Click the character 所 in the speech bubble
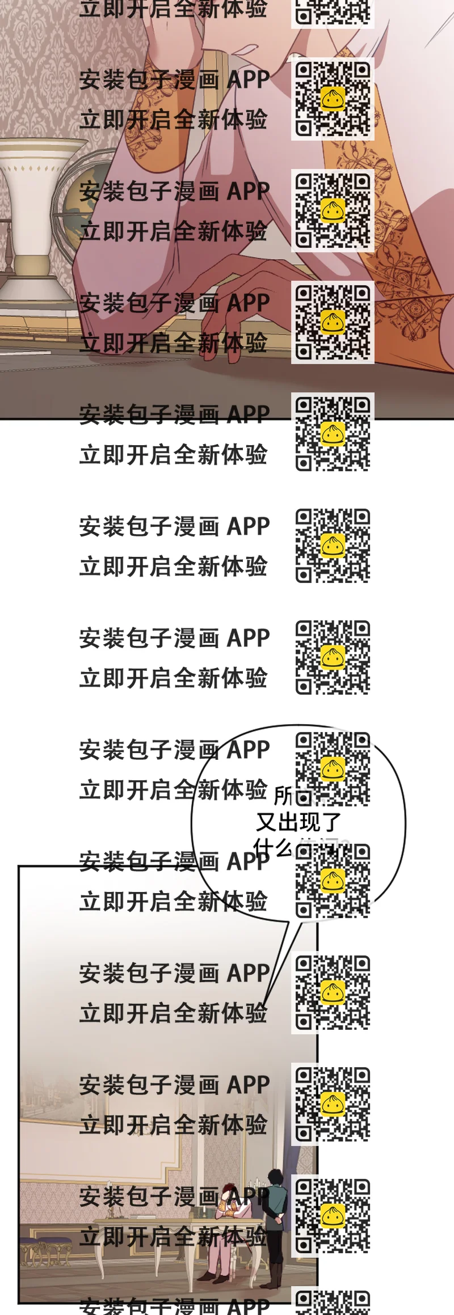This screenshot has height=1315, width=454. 283,796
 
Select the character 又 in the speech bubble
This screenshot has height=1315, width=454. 267,822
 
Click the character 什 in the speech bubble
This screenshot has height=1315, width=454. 264,848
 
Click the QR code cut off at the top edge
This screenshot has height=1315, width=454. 333,12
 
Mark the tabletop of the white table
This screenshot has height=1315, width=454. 170,1220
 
